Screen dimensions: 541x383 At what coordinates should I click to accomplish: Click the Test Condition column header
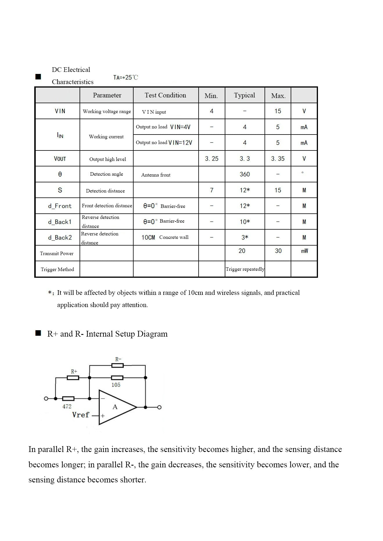click(165, 95)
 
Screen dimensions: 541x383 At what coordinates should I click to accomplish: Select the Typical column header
click(244, 95)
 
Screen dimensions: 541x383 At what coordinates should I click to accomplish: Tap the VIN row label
click(60, 111)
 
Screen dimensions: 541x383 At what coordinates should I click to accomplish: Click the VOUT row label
click(60, 159)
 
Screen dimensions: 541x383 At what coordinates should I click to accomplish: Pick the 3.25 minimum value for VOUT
click(212, 159)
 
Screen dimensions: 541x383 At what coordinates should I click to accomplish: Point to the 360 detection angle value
click(244, 174)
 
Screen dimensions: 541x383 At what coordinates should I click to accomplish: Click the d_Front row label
click(60, 206)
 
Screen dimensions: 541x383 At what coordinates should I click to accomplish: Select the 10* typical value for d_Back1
click(244, 222)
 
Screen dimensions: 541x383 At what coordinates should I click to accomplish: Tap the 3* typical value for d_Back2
click(244, 237)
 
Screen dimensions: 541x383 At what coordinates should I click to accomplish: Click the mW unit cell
click(304, 251)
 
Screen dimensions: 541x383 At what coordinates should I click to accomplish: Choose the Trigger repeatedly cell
click(245, 269)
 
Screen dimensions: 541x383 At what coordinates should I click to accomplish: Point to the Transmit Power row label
click(57, 253)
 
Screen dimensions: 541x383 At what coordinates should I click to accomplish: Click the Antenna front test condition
click(156, 175)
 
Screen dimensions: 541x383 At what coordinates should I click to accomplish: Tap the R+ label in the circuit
click(74, 371)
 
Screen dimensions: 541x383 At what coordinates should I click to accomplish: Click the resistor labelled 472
click(68, 399)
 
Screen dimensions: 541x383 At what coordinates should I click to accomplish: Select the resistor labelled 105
click(117, 378)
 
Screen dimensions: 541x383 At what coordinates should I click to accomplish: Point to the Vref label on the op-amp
click(80, 415)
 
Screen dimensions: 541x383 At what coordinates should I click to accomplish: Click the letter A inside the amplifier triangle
click(115, 407)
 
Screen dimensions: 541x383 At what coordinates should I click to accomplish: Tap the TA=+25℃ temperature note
click(126, 77)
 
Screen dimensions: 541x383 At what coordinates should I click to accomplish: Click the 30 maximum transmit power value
click(278, 251)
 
